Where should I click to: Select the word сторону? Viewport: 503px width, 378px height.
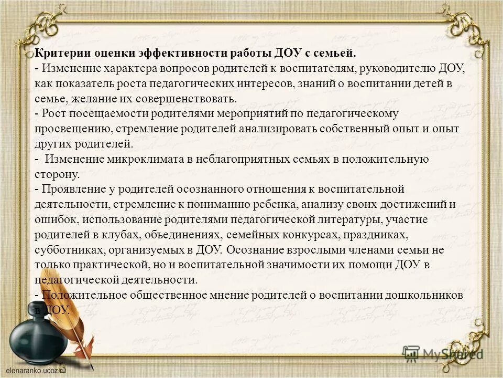[x=57, y=174]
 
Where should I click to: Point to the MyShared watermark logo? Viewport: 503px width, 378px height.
[x=443, y=353]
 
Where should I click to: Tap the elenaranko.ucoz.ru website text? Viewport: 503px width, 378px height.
[x=34, y=371]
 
